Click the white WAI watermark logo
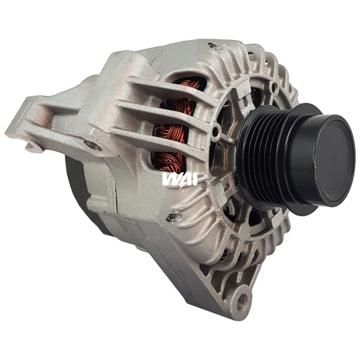[x=180, y=179]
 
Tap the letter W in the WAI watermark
[x=170, y=179]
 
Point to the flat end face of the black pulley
[x=333, y=161]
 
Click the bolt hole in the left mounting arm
[x=94, y=146]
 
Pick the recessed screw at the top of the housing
[x=213, y=46]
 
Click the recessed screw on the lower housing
[x=172, y=217]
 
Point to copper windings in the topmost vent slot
[x=188, y=84]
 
